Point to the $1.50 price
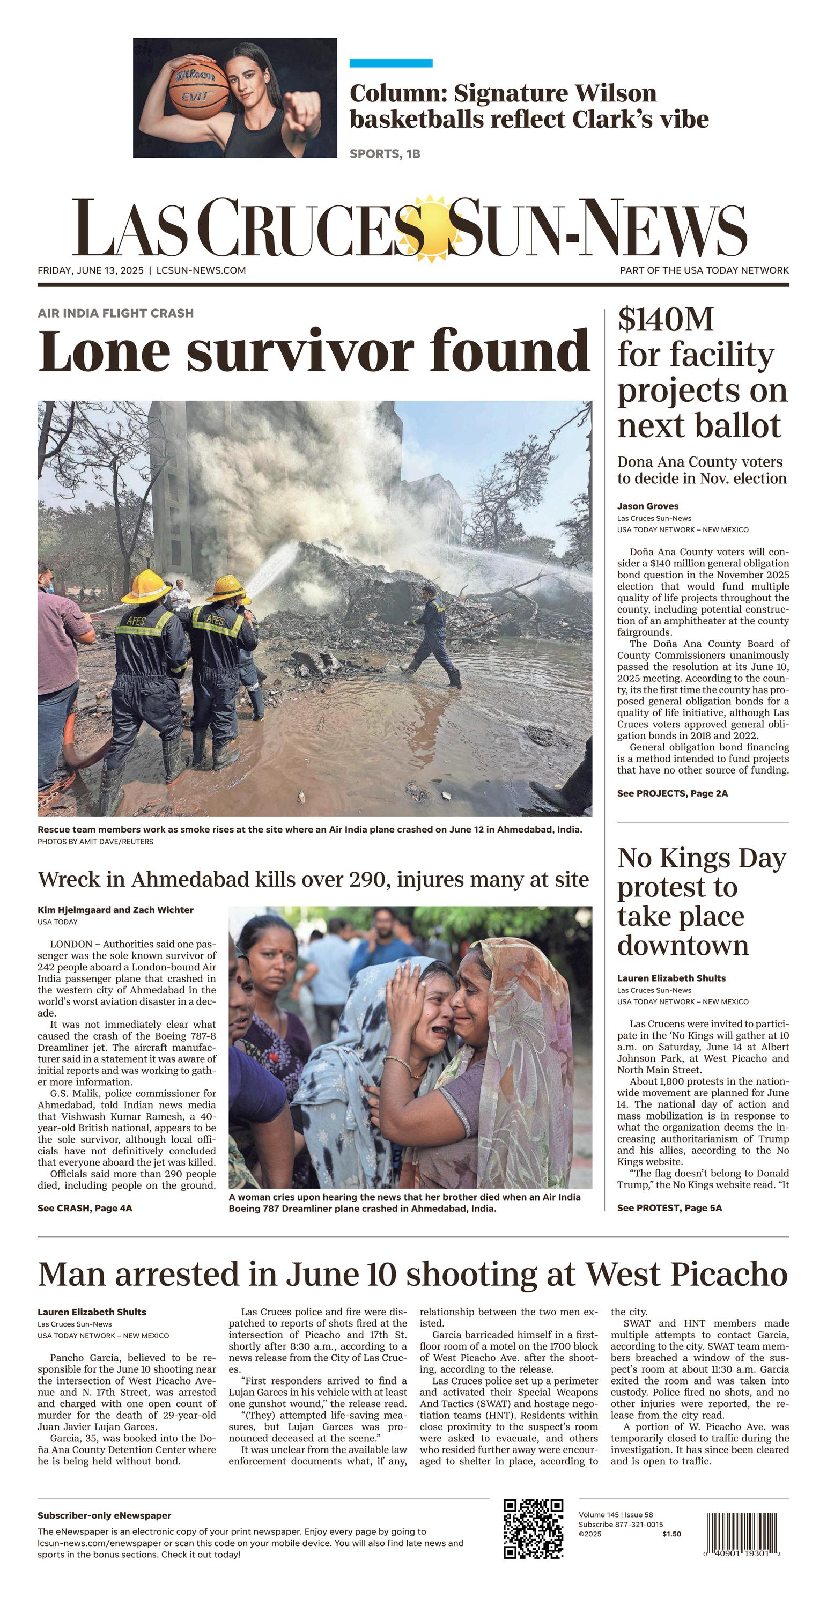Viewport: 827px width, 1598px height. [x=671, y=1534]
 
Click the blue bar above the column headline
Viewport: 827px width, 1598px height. [x=391, y=63]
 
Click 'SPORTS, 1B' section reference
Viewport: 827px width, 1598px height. [x=385, y=154]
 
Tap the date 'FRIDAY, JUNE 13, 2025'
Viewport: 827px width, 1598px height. [x=91, y=270]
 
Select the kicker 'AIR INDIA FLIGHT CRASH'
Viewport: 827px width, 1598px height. [x=115, y=313]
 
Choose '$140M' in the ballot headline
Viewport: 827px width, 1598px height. [x=665, y=320]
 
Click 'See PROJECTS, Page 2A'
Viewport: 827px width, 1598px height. [x=672, y=793]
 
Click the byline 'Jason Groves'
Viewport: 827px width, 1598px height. [x=648, y=506]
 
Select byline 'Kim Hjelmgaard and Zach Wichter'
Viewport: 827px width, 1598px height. [x=115, y=910]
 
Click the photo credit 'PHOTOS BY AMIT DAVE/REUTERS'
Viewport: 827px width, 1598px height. [x=95, y=842]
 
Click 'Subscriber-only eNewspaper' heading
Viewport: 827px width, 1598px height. [x=104, y=1515]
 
